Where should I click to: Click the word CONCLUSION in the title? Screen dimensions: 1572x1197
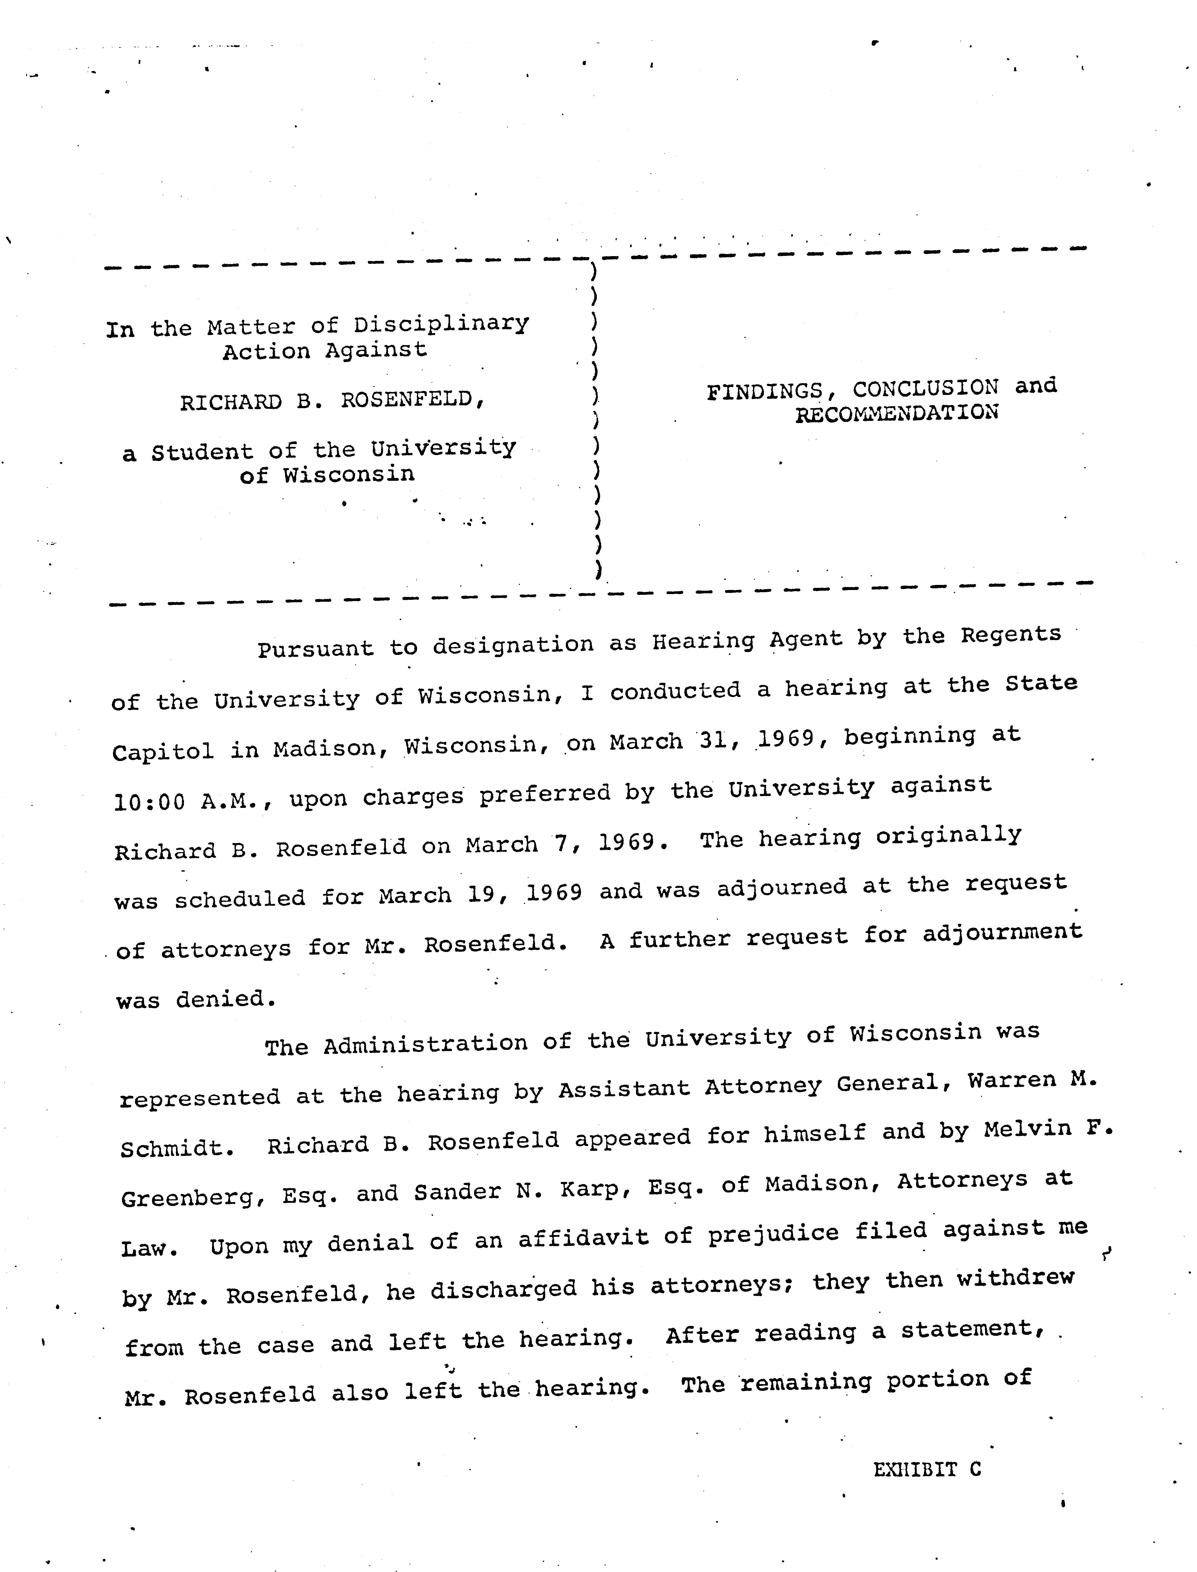926,388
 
